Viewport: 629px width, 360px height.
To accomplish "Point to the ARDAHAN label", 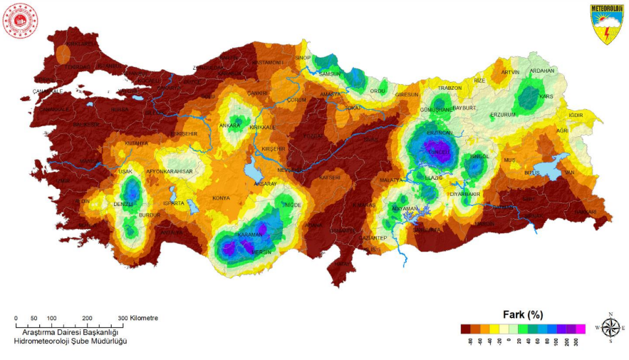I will pos(541,71).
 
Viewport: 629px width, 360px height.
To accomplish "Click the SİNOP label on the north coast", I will pos(303,58).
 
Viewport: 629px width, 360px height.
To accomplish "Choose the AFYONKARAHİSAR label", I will pos(170,172).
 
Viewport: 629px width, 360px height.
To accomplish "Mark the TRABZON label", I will pos(449,88).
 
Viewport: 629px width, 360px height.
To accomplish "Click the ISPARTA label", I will pos(174,203).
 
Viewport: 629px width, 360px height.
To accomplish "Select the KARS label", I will pos(547,96).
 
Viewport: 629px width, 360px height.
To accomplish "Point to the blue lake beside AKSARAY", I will pos(251,172).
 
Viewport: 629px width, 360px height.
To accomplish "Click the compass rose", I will pos(610,327).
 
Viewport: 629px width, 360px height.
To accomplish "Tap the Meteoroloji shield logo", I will pos(605,24).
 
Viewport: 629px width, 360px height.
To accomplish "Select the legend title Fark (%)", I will pos(524,314).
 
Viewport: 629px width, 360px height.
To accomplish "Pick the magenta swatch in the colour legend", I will pos(580,329).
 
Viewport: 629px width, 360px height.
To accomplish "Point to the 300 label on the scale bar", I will pos(122,318).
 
